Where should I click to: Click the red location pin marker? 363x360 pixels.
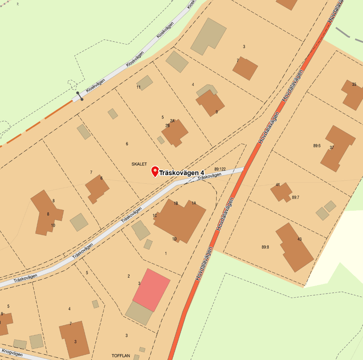coord(154,171)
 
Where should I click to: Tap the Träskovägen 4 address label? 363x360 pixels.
coord(182,173)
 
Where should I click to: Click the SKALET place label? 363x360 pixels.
coord(139,164)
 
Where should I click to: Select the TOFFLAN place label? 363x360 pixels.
coord(121,355)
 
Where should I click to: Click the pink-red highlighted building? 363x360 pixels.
coord(151,290)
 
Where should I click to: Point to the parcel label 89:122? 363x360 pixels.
coord(220,169)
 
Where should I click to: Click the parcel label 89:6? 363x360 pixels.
coord(317,146)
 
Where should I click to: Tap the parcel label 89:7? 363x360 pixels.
coord(295,198)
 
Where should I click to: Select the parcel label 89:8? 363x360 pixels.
coord(265,247)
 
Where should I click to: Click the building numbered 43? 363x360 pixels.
coord(294,246)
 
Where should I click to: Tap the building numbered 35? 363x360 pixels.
coord(353,94)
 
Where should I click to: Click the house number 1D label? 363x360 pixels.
coord(174,239)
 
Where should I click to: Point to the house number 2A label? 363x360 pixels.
coord(172,121)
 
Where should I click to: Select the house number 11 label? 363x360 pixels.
coord(138,87)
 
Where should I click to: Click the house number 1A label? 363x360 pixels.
coord(194,203)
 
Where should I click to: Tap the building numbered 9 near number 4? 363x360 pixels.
coord(210,104)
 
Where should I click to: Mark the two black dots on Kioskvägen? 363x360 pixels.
coord(80,96)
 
